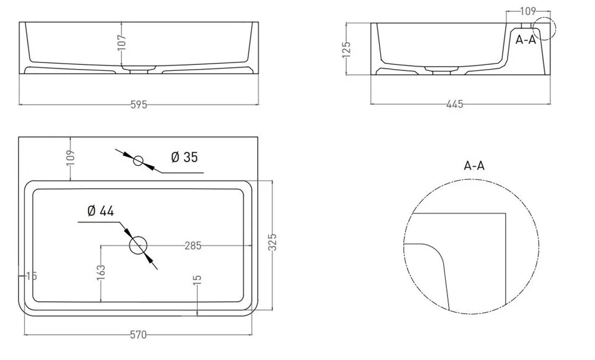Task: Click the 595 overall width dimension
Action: point(139,105)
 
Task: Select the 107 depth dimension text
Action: point(121,42)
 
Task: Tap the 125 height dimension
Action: point(346,50)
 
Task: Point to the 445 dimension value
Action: point(455,104)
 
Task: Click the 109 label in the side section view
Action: point(528,11)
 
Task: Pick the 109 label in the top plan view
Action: point(71,158)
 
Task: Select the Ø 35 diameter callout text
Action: point(184,157)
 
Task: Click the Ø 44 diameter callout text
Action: point(101,211)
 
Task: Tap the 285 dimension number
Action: point(193,246)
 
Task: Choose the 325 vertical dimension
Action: point(273,242)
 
